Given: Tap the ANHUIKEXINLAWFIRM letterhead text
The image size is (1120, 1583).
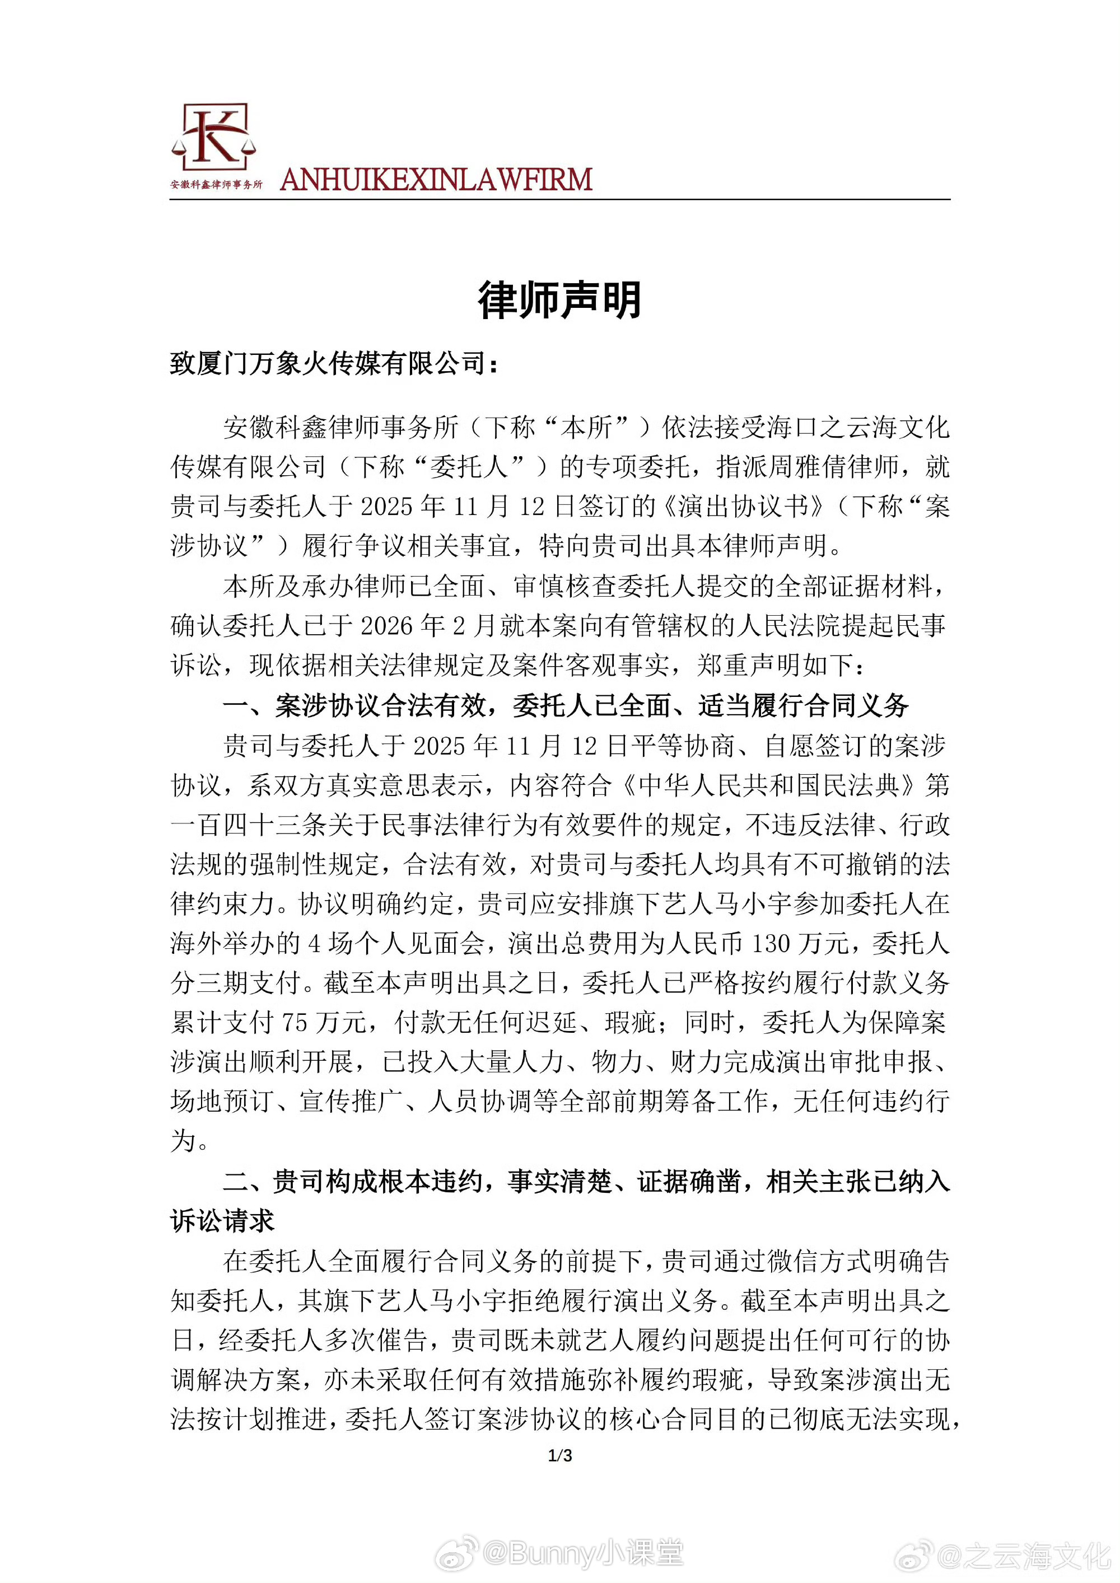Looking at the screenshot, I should point(436,180).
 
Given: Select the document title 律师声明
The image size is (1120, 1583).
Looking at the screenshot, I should point(559,301).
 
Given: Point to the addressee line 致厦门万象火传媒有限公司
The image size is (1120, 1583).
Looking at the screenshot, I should point(334,363).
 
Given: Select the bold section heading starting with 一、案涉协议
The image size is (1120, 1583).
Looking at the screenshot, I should point(566,705).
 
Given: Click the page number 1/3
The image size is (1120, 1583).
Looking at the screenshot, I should point(560,1455).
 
